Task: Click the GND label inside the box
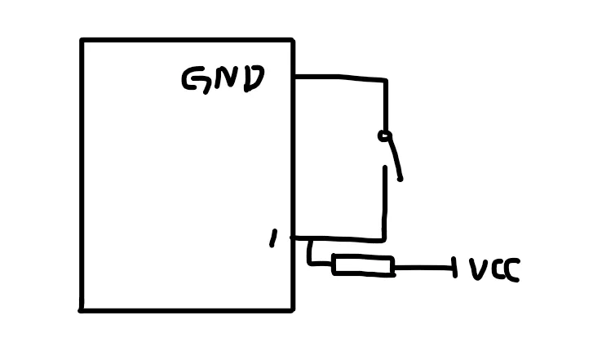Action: [x=223, y=79]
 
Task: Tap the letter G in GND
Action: [x=194, y=79]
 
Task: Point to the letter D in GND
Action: [x=253, y=78]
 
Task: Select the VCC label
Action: [x=494, y=269]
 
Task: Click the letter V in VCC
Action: [x=477, y=269]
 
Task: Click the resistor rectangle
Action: [x=363, y=265]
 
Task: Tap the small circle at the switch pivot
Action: [x=384, y=136]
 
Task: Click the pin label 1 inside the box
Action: [x=273, y=238]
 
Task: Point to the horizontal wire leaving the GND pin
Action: [x=339, y=78]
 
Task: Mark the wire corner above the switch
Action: [x=385, y=80]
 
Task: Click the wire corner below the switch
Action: [x=383, y=240]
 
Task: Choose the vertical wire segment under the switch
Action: [x=384, y=204]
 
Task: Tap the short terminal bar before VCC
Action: [x=454, y=266]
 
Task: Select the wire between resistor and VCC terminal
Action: [x=423, y=267]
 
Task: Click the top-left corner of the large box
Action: [x=82, y=40]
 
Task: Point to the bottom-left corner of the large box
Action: [x=82, y=309]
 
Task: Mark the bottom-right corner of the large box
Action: [x=292, y=309]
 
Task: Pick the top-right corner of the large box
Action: [x=292, y=39]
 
